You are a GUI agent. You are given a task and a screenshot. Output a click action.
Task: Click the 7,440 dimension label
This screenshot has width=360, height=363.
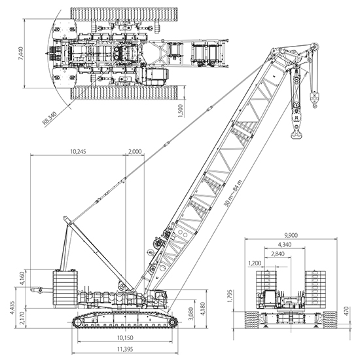(x=21, y=54)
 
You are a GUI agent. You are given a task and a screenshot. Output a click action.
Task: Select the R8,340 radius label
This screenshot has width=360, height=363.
(x=50, y=118)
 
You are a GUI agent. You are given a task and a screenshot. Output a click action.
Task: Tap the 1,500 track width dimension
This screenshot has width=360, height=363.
(x=181, y=111)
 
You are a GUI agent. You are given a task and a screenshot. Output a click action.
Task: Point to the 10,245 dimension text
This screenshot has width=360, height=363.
(x=78, y=151)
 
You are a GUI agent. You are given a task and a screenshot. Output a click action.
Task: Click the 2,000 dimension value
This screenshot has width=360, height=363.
(x=135, y=151)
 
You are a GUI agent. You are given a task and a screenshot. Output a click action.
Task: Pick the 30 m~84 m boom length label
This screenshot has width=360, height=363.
(x=233, y=193)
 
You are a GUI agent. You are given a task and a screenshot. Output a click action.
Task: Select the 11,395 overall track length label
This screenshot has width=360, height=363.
(x=125, y=349)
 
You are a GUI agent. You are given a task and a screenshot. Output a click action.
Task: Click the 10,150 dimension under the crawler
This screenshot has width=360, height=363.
(x=125, y=337)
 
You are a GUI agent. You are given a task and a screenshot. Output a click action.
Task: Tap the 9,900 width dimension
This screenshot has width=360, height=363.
(x=291, y=235)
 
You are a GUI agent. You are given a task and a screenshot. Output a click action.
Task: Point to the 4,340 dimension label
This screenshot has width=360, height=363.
(x=285, y=244)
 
